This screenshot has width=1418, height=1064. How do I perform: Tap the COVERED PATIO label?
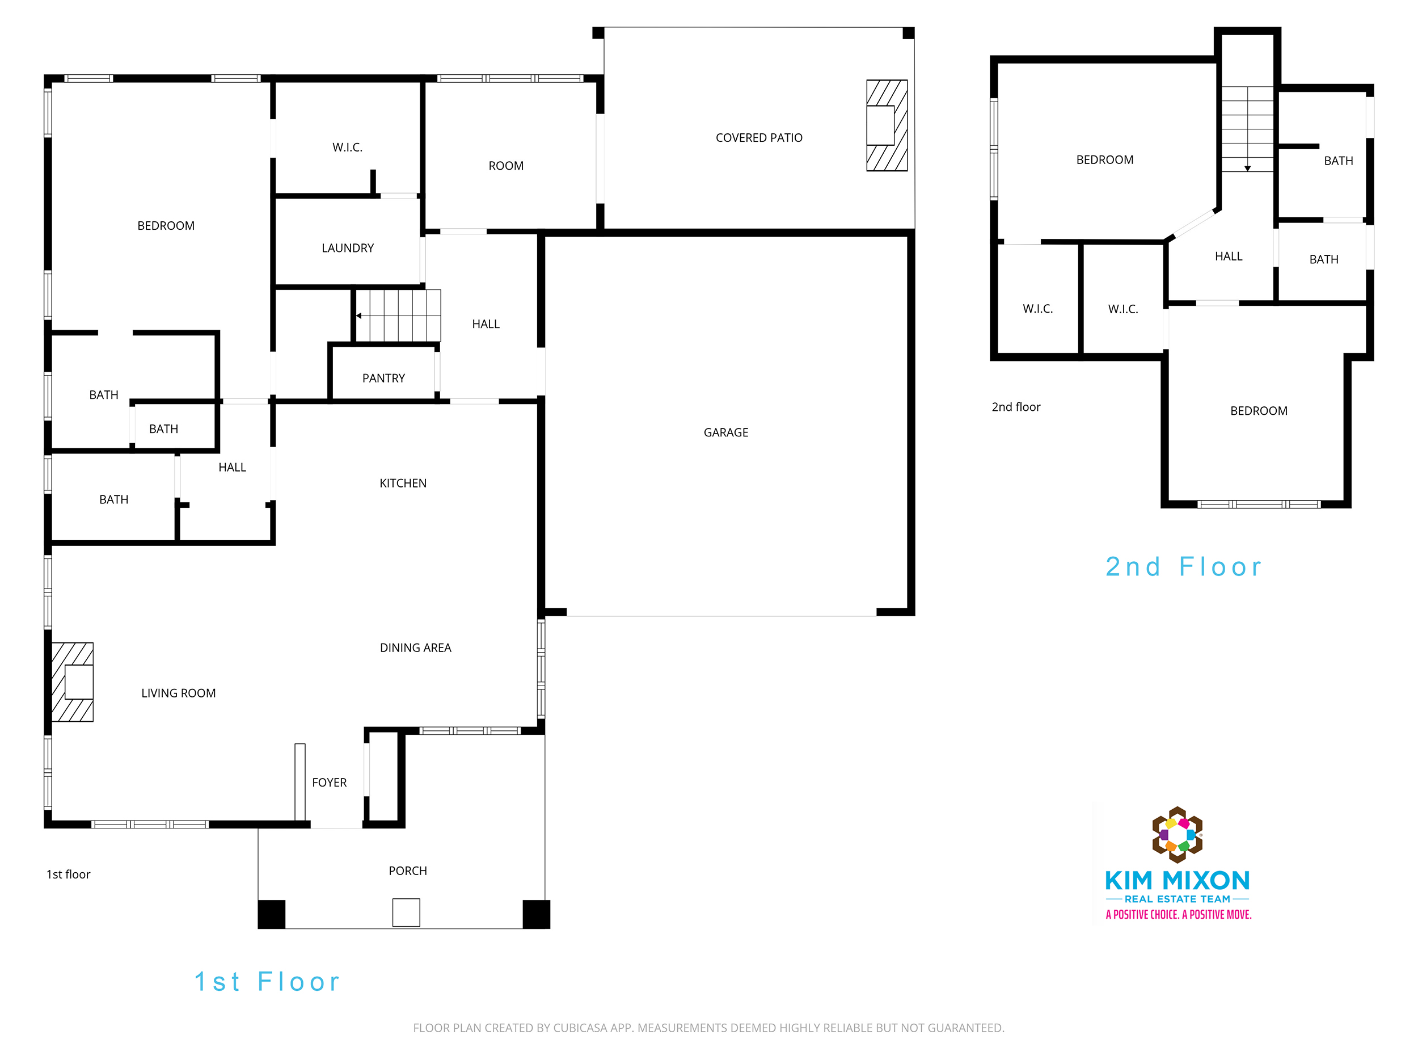click(x=759, y=138)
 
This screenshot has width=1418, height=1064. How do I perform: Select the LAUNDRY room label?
click(x=348, y=248)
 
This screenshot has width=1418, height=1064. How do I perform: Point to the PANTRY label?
click(x=383, y=379)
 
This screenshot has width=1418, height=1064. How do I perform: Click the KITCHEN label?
click(x=403, y=483)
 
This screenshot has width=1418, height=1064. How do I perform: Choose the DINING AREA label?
click(x=415, y=648)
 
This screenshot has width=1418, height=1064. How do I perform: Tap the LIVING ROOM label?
click(x=178, y=693)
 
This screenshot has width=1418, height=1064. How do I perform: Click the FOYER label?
click(x=329, y=783)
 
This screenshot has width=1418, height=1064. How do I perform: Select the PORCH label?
click(x=408, y=871)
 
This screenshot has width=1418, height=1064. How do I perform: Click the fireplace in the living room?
click(x=73, y=682)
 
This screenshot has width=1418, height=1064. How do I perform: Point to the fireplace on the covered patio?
click(x=887, y=125)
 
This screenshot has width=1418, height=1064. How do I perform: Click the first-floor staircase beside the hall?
click(x=398, y=316)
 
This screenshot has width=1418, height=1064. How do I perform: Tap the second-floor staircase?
click(x=1247, y=129)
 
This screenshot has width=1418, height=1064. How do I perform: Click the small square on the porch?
click(x=406, y=912)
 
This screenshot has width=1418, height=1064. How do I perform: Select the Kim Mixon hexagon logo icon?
click(x=1178, y=834)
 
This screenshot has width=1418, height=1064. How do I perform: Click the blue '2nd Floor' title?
click(x=1183, y=567)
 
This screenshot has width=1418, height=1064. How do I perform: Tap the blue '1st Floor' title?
click(x=267, y=982)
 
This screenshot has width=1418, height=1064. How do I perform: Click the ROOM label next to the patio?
click(x=506, y=166)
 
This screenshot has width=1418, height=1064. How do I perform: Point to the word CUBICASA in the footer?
click(x=580, y=1028)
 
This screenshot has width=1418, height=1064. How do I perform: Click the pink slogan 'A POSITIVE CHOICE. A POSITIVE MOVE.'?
click(x=1178, y=915)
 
